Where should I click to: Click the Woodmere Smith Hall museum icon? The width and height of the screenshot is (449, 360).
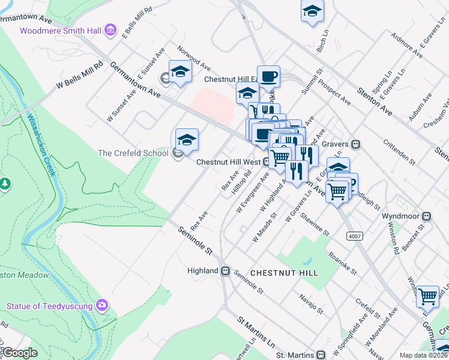click(110, 30)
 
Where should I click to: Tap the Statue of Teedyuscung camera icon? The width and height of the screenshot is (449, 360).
click(102, 306)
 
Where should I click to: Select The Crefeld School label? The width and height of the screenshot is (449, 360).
click(133, 153)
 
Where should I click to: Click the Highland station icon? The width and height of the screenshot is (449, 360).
click(226, 271)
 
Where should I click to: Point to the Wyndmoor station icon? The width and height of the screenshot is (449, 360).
click(427, 215)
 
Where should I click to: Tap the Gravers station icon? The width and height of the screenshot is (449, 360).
click(356, 144)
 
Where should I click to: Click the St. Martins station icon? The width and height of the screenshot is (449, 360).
click(321, 355)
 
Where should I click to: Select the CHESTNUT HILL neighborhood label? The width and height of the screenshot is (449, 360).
click(284, 272)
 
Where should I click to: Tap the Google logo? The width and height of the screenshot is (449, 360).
click(20, 353)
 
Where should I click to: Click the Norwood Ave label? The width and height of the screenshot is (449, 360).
click(193, 56)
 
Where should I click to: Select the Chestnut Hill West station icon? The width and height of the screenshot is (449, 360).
click(267, 162)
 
